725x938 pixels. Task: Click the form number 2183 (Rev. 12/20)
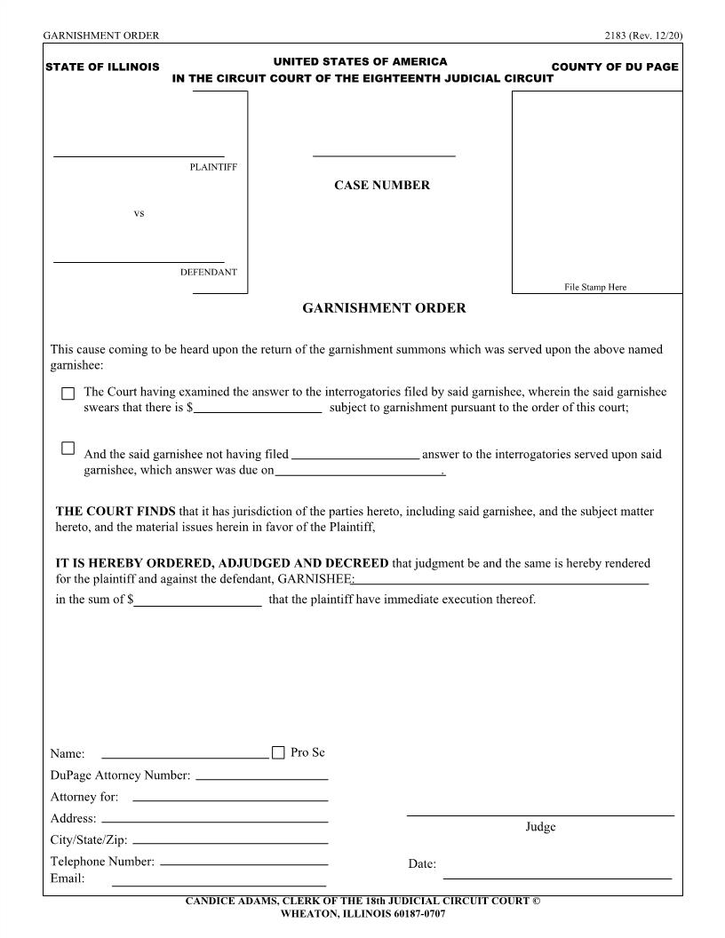coord(641,36)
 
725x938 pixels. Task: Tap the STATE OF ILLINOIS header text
coord(102,68)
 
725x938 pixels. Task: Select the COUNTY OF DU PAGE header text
coord(615,68)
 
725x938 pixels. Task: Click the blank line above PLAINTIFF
coord(139,155)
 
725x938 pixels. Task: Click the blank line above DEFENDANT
coord(139,261)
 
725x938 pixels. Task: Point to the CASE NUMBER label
coord(382,186)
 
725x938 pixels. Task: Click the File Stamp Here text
coord(595,287)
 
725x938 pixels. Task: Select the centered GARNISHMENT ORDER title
coord(384,309)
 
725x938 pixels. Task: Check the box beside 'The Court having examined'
coord(68,393)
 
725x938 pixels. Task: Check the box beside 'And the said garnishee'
coord(68,449)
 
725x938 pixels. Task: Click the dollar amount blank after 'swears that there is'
coord(258,411)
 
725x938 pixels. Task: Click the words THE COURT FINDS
coord(116,512)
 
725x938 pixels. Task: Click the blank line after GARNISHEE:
coord(502,583)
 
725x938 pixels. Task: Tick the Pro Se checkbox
coord(278,753)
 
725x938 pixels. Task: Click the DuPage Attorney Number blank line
coord(261,778)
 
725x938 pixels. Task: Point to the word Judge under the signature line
coord(540,827)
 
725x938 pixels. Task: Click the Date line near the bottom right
coord(557,877)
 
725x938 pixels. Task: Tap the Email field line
coord(219,885)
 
